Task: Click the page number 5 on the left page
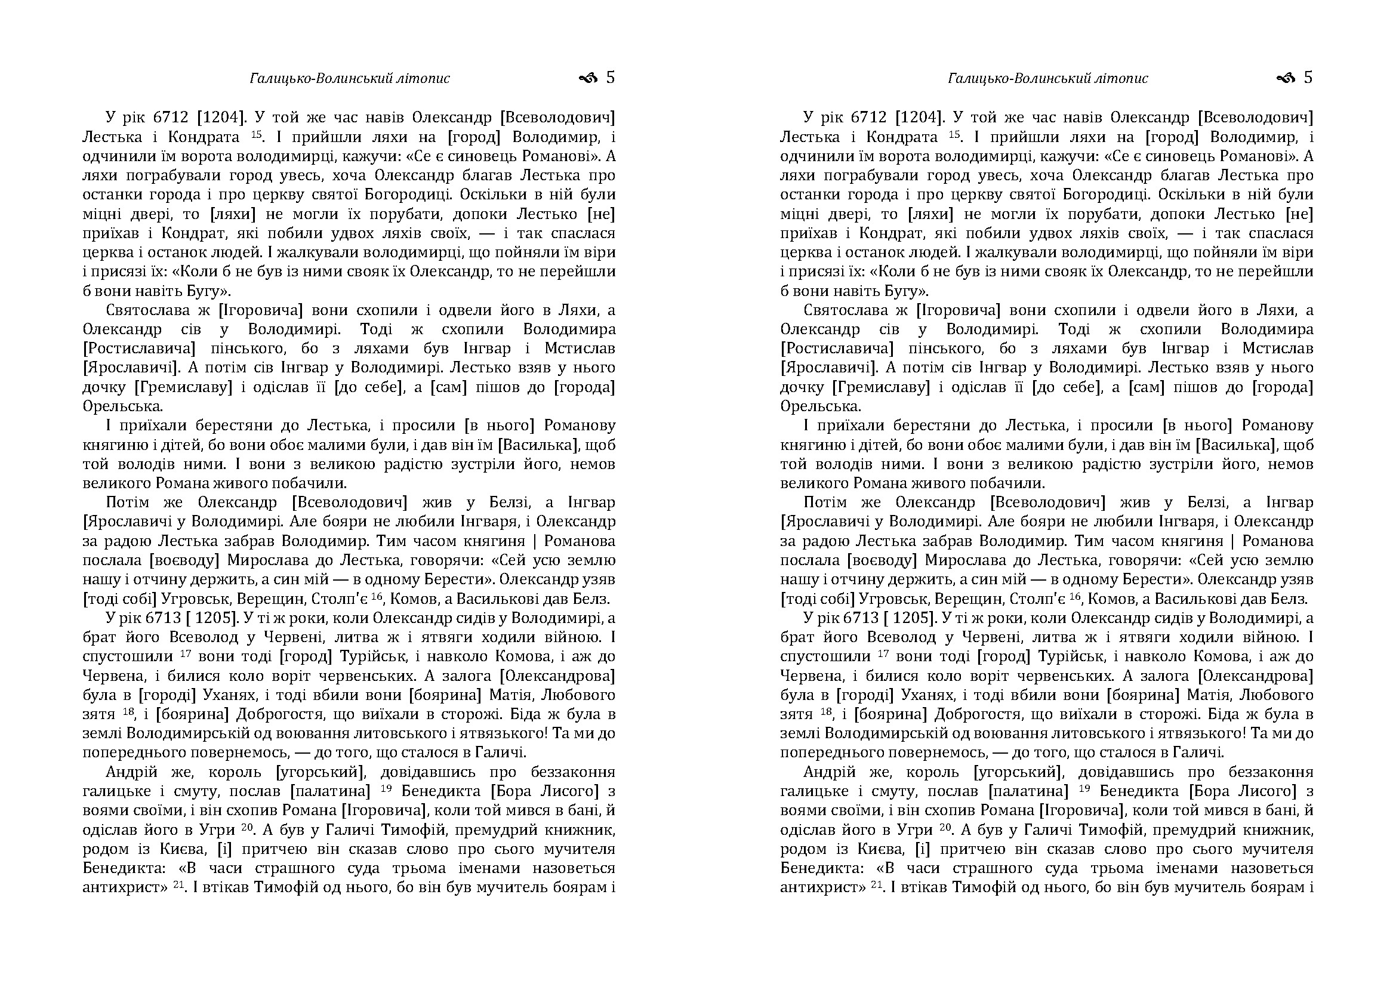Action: click(x=611, y=78)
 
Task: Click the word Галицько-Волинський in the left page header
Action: click(x=307, y=78)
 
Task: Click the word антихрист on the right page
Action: click(x=818, y=887)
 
